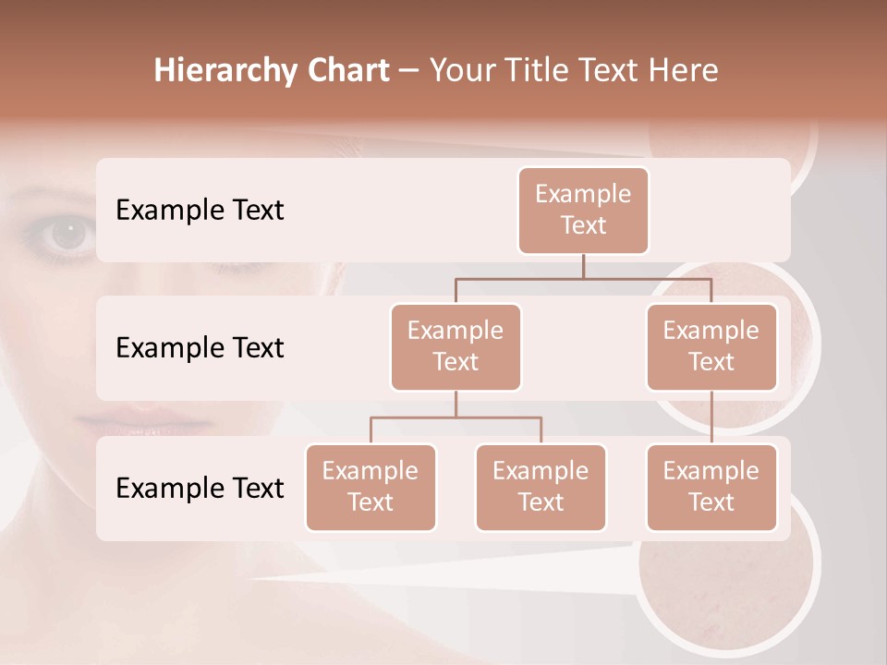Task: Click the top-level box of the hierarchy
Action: pos(583,210)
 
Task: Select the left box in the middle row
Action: pos(456,346)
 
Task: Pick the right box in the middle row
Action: pos(711,346)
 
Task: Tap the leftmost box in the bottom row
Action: pos(371,487)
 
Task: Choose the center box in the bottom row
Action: pos(541,487)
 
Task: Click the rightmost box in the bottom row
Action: pos(711,487)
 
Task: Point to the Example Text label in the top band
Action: pos(200,211)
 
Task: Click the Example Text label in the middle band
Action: pos(200,348)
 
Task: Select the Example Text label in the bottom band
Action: pos(200,488)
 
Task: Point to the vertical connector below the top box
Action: pos(583,266)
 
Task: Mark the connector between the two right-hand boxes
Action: pos(711,417)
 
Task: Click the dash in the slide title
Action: pos(408,71)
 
